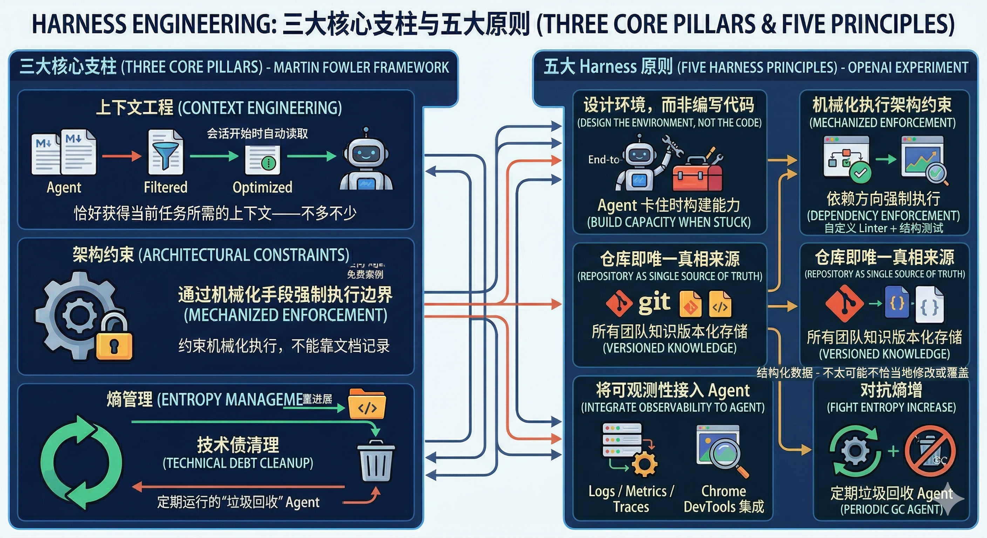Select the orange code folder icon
[367, 404]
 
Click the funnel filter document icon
[165, 152]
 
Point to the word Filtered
[165, 187]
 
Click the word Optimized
[263, 187]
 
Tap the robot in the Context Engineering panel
[366, 161]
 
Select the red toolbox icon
[697, 174]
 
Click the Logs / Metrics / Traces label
[631, 498]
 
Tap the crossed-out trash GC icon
[930, 451]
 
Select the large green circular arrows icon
[81, 463]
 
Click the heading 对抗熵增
[891, 390]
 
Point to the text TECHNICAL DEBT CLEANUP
[238, 463]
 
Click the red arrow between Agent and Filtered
[122, 156]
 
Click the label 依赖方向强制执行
[883, 198]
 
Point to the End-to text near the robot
[603, 159]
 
